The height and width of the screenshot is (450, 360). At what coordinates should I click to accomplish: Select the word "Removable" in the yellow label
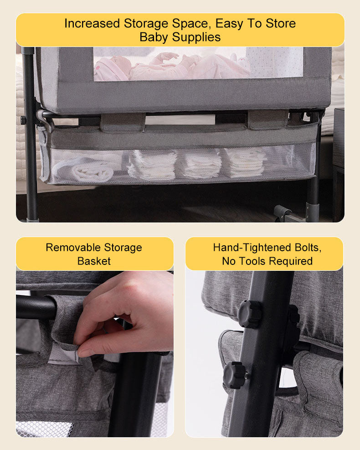point(73,248)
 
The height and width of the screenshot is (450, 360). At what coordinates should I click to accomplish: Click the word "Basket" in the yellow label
point(94,261)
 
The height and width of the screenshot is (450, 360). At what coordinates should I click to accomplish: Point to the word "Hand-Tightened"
point(252,248)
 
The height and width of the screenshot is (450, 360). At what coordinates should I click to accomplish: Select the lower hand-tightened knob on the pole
point(235,375)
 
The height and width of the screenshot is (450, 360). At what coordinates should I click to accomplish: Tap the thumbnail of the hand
point(86,352)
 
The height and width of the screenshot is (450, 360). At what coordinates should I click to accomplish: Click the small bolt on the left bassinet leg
point(23,120)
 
